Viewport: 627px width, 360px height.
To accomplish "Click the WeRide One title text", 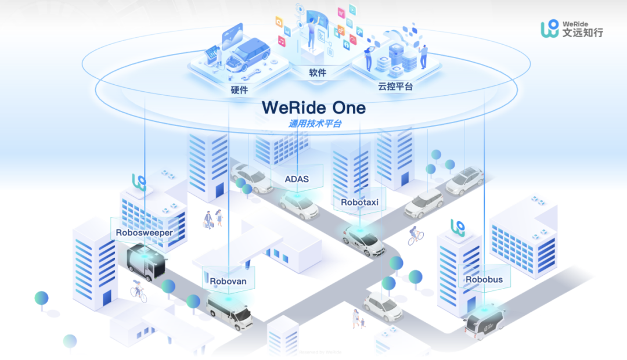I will pos(313,107).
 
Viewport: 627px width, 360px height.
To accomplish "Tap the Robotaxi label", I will pos(359,203).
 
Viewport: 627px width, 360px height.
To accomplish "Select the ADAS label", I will pos(296,179).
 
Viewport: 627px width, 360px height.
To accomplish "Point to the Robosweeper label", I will pos(144,233).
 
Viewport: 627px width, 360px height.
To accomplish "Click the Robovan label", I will pos(228,282).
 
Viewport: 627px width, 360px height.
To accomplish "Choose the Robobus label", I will pos(484,279).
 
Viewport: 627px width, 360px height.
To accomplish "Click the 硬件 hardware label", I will pos(239,90).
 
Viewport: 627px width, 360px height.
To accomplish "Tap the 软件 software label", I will pos(318,73).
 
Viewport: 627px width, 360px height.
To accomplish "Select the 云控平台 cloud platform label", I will pos(395,87).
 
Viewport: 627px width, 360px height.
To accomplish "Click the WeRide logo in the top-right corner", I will pos(572,28).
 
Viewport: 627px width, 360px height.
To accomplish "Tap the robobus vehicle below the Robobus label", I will pos(484,322).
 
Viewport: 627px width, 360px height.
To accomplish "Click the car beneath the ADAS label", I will pos(299,204).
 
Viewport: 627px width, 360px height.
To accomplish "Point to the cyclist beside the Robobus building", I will pos(415,235).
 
